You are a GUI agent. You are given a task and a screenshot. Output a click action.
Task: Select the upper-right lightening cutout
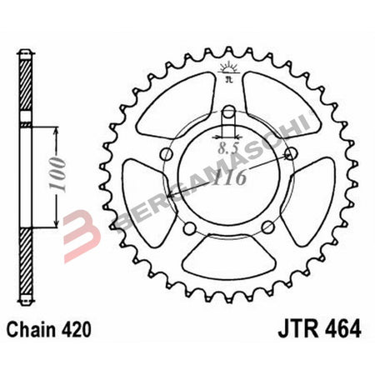pyautogui.click(x=286, y=97)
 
